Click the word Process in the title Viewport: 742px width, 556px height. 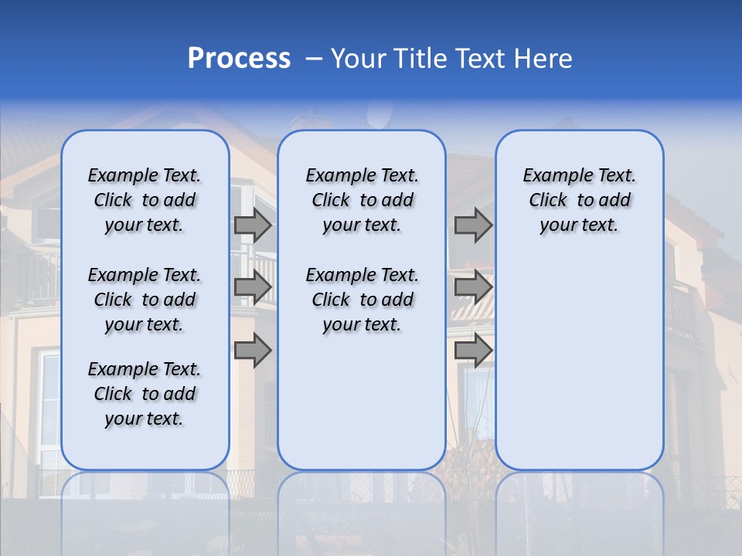pos(239,59)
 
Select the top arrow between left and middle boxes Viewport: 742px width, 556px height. pos(253,225)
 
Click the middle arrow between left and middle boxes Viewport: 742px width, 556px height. pos(253,287)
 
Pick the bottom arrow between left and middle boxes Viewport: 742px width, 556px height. pos(253,351)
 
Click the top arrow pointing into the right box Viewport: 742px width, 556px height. pos(473,225)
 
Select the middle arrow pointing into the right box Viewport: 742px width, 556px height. pos(473,287)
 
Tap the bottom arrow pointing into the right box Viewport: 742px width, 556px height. pos(473,351)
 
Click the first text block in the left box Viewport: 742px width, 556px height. pos(145,200)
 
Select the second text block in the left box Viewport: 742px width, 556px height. pos(145,300)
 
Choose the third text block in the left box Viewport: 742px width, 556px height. pos(145,394)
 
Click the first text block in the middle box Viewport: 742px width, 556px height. pos(362,200)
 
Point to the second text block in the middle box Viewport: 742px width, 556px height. pos(362,300)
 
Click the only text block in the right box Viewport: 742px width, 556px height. pos(579,200)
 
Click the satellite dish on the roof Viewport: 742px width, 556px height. pos(379,116)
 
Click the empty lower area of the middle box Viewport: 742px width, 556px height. pos(362,402)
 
